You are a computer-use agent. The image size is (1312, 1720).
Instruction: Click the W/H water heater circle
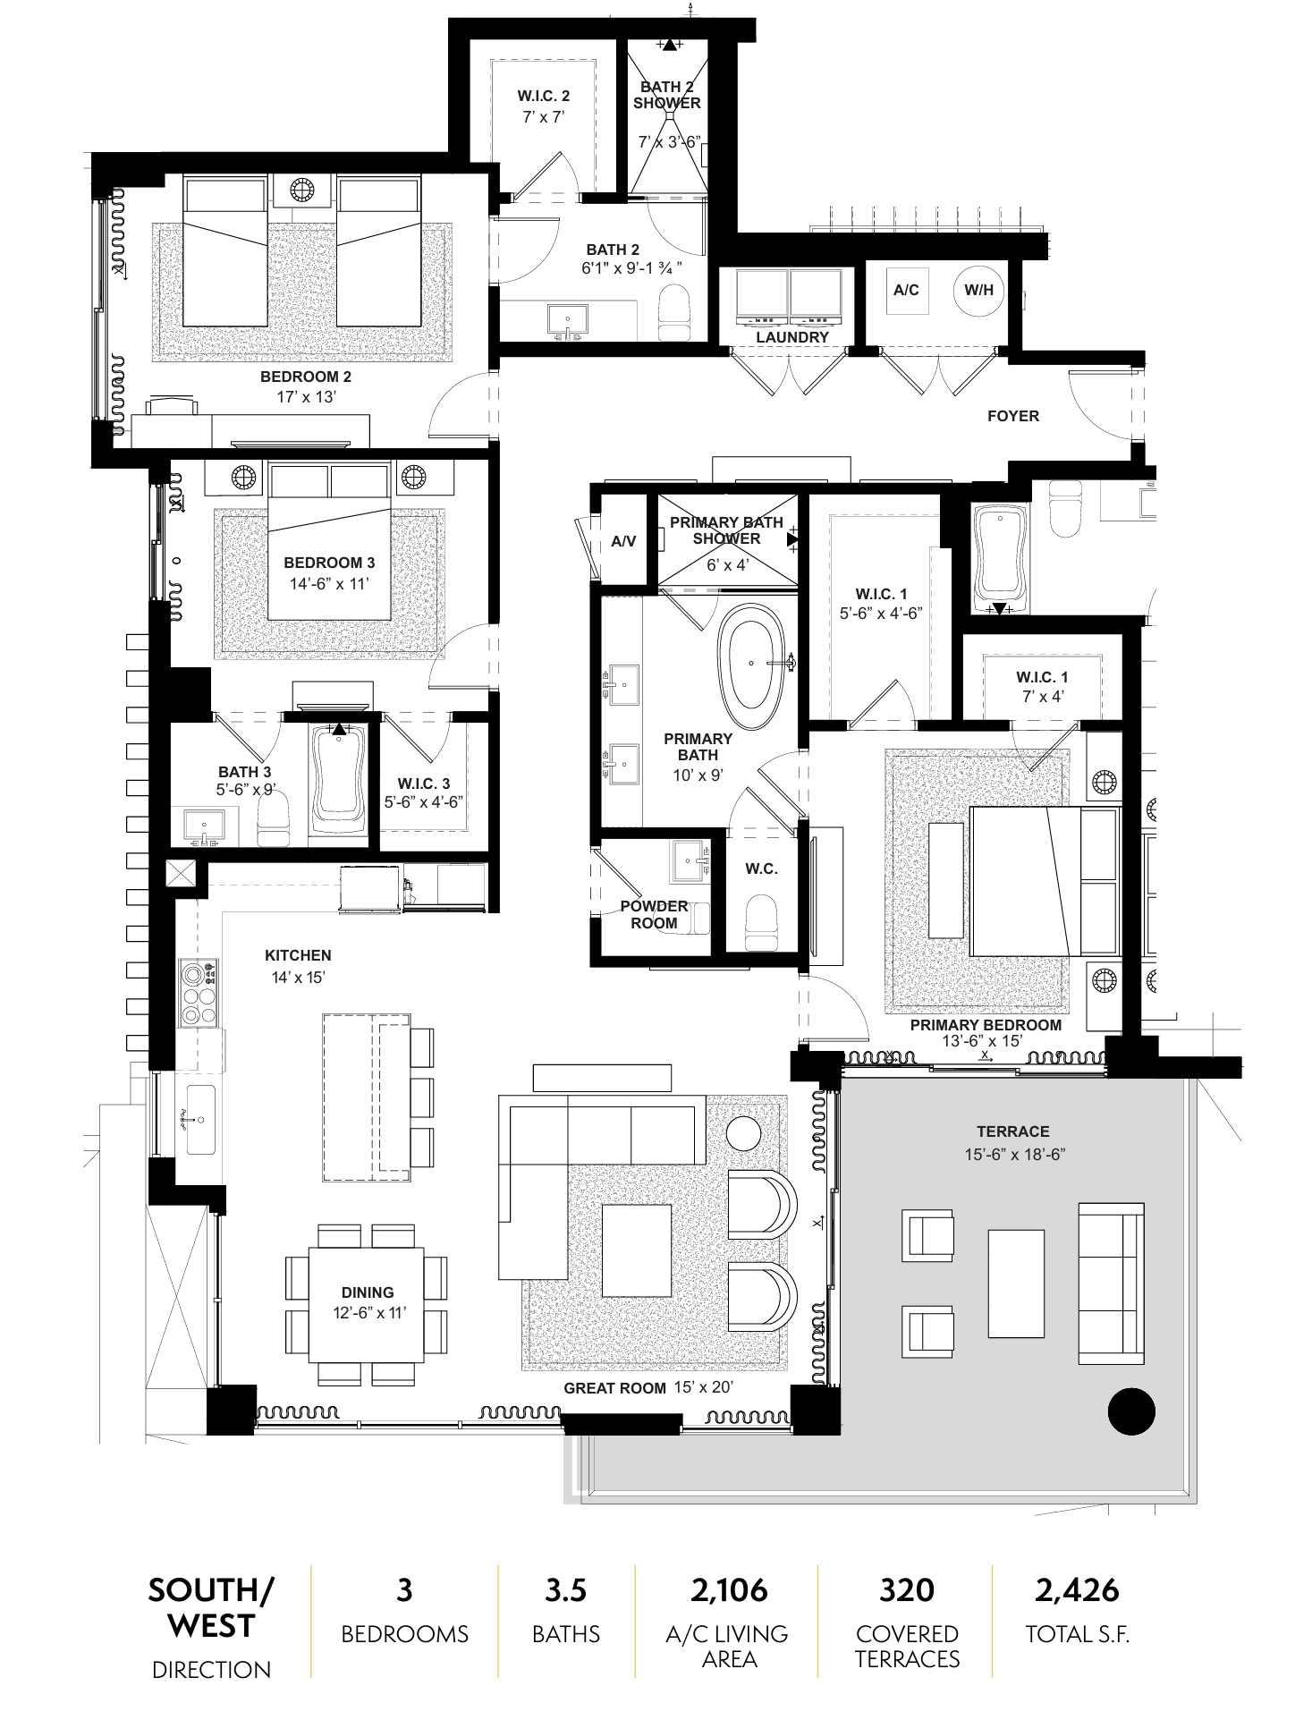tap(978, 290)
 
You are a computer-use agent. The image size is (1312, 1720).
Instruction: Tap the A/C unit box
tap(906, 290)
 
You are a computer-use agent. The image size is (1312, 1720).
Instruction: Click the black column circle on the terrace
tap(1131, 1411)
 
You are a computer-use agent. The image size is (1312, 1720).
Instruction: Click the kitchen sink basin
tap(199, 1120)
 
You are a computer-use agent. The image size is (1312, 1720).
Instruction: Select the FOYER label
tap(1012, 416)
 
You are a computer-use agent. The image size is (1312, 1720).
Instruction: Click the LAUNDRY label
tap(792, 337)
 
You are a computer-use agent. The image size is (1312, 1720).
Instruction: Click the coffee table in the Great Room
tap(637, 1250)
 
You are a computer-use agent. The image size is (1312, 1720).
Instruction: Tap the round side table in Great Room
tap(743, 1134)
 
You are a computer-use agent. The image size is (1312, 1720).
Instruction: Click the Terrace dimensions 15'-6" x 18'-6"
tap(1013, 1155)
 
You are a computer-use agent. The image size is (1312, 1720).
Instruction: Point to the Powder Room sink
tap(690, 860)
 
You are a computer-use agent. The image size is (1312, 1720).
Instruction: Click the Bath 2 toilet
tap(673, 312)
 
